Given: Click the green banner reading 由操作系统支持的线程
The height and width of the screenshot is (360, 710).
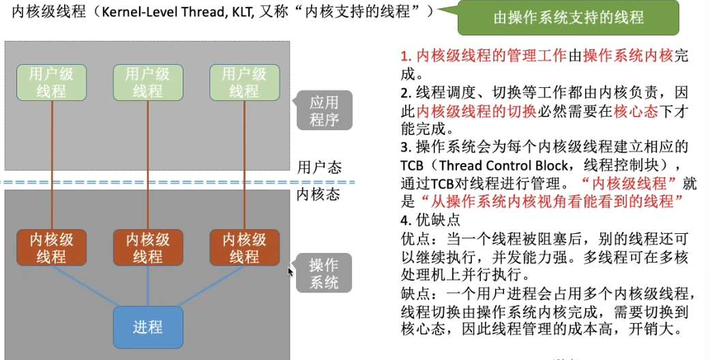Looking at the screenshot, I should [568, 18].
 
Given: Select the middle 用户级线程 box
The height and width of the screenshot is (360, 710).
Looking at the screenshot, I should [148, 82].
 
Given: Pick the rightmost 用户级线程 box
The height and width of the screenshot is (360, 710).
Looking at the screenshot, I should [244, 82].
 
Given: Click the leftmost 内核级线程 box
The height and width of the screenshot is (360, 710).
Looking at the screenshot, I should [52, 247].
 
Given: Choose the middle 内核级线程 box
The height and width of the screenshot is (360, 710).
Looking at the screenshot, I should [148, 247].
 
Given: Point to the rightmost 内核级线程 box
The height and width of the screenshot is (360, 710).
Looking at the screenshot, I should [244, 247].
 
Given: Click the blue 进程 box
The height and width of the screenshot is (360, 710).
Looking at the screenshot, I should [148, 327].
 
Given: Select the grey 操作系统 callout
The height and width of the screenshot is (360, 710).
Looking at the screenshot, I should [324, 273].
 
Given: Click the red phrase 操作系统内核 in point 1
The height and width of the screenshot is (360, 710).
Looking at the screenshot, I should [627, 55].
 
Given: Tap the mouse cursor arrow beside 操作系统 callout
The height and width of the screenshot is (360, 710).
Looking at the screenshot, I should [291, 271].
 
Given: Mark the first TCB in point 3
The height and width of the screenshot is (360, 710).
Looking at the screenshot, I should [414, 166].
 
